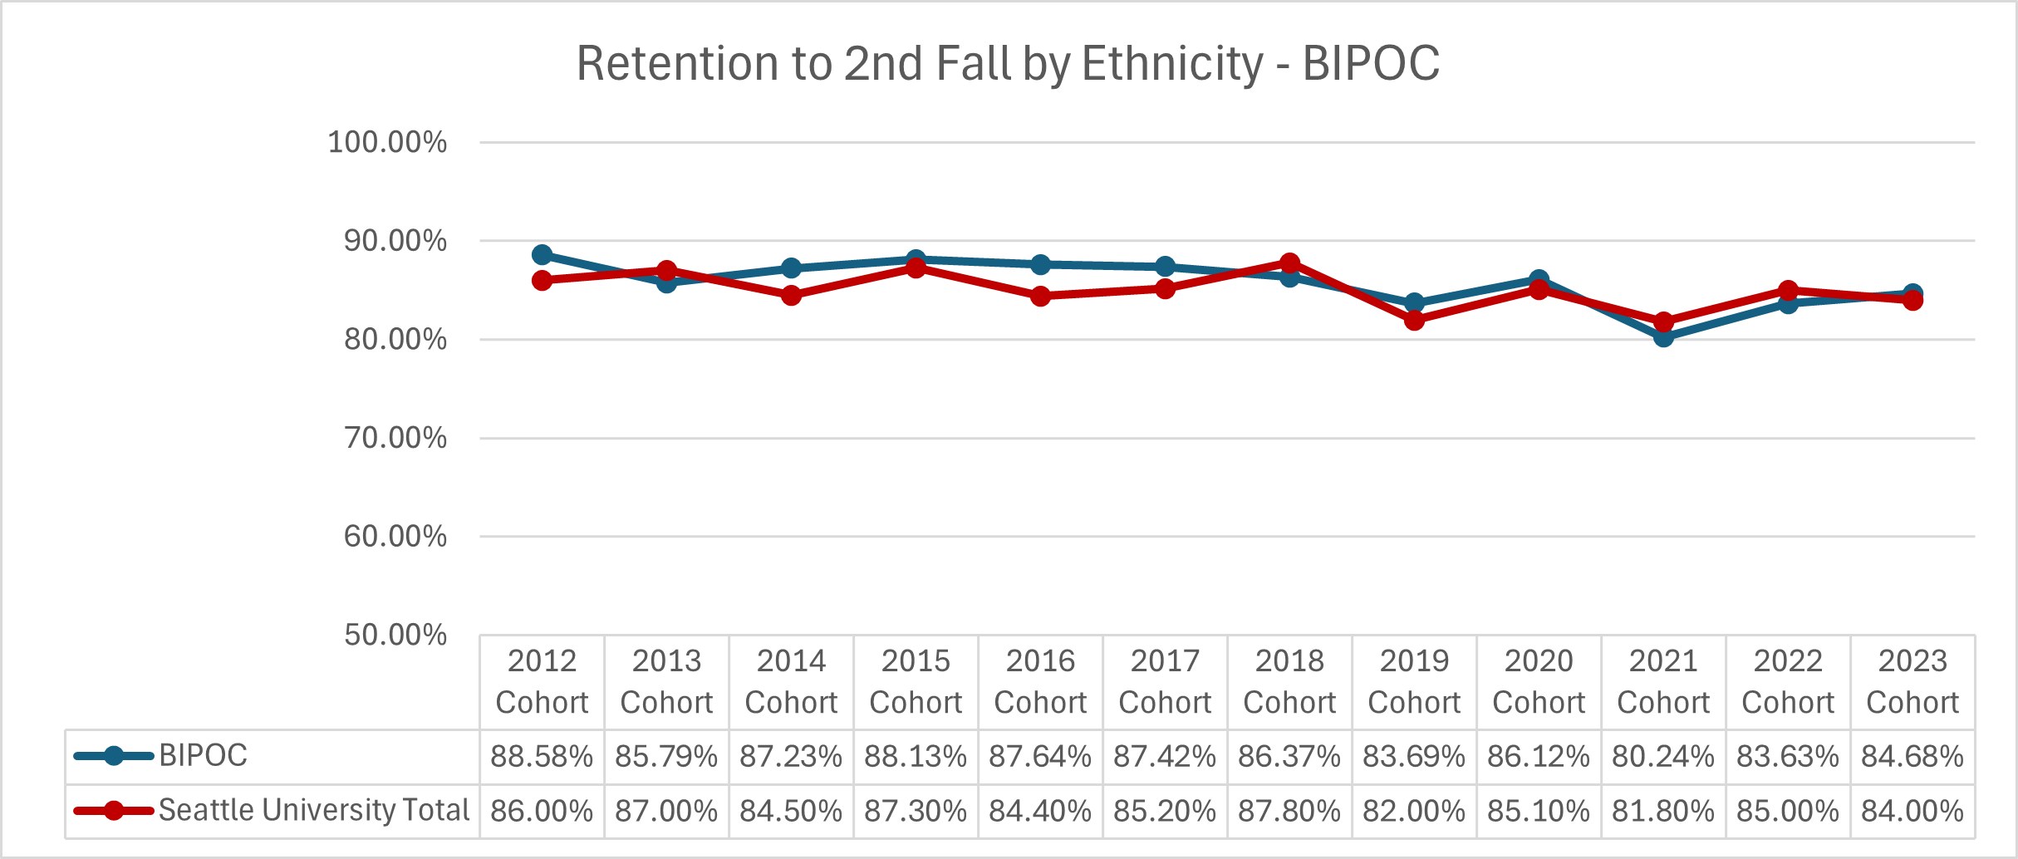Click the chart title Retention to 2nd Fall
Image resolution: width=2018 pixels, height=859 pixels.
point(1008,63)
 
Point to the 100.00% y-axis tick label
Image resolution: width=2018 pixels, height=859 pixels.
point(387,142)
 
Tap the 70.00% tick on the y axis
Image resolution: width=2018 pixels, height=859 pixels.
point(395,438)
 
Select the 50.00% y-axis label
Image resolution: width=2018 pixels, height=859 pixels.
point(395,635)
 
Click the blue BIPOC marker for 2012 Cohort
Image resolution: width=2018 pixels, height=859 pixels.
point(542,255)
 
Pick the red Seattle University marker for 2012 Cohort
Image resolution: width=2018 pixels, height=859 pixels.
point(542,280)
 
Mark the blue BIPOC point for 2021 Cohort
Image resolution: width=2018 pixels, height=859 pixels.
point(1663,336)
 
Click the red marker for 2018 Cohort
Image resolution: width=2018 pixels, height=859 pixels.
point(1289,263)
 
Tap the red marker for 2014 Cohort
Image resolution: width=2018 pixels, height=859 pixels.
point(791,295)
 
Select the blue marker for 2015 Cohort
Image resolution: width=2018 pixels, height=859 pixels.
point(916,260)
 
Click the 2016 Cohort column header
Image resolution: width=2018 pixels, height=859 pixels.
point(1040,681)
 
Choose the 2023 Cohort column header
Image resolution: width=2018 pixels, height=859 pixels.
point(1912,681)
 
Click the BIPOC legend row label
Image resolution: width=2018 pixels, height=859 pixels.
point(203,756)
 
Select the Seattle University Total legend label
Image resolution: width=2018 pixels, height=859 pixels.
point(314,810)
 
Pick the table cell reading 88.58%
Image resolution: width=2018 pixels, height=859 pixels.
point(542,757)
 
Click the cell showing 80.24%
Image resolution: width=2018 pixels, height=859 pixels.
point(1663,757)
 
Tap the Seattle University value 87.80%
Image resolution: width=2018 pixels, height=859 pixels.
point(1289,811)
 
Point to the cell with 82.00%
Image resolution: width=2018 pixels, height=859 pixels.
point(1414,811)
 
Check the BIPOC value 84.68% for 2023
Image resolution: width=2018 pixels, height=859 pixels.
point(1912,757)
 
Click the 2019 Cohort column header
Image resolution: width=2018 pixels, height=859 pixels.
point(1414,681)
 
